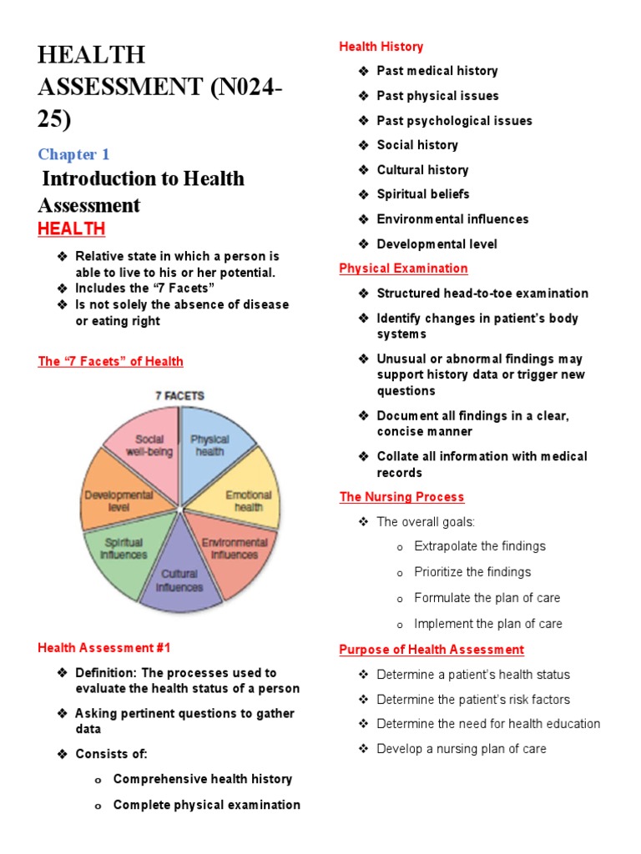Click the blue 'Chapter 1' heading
tap(73, 154)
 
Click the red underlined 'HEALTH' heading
tap(72, 229)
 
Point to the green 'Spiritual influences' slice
tap(125, 551)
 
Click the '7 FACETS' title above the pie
tap(179, 395)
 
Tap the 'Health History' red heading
tap(381, 47)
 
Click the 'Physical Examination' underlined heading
tap(403, 269)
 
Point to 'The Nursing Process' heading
tap(401, 497)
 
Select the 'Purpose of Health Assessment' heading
tap(432, 650)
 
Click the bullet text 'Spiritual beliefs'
tap(423, 194)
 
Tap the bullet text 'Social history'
tap(417, 145)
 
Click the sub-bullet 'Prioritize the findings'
tap(472, 572)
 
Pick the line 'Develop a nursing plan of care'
tap(462, 749)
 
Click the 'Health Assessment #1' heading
tap(104, 647)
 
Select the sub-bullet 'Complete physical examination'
tap(206, 805)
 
